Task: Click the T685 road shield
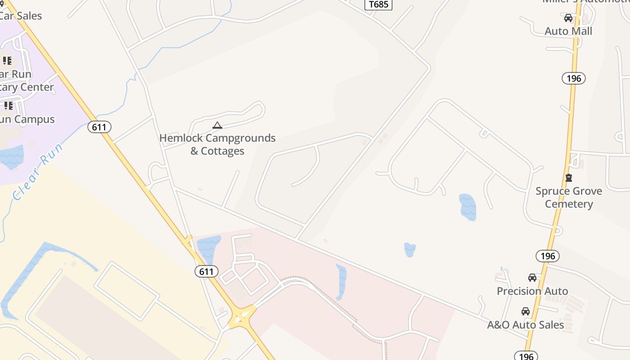tap(378, 4)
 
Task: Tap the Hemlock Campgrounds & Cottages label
tap(217, 144)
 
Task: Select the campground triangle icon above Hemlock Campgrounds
tap(217, 126)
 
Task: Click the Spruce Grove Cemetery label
tap(569, 198)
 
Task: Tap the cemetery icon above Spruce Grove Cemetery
tap(569, 178)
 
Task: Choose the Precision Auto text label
tap(532, 291)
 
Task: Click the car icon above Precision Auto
tap(532, 278)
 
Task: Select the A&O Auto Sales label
tap(526, 324)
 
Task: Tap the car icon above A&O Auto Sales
tap(526, 311)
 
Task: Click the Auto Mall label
tap(568, 31)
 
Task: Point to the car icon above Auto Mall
tap(568, 18)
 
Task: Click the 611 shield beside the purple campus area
tap(99, 127)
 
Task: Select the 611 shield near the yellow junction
tap(207, 271)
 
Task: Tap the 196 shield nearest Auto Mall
tap(574, 78)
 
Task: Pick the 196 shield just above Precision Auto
tap(548, 256)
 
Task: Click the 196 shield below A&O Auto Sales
tap(526, 356)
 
